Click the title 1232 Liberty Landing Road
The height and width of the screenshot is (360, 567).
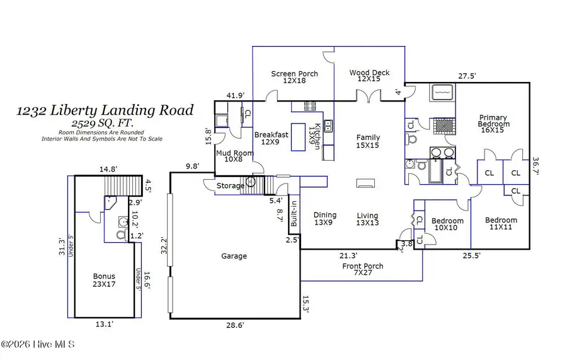[x=105, y=110]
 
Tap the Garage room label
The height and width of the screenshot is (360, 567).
[x=234, y=256]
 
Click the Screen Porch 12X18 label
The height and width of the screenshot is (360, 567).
[x=294, y=77]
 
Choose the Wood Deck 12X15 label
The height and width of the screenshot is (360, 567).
[x=369, y=76]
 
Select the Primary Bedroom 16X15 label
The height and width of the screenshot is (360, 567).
[x=493, y=121]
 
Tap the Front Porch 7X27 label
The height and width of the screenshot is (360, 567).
[x=363, y=269]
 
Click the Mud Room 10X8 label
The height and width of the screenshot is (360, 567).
[x=235, y=156]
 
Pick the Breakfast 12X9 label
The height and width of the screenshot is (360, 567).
[x=271, y=138]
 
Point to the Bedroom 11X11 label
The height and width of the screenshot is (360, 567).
[x=501, y=224]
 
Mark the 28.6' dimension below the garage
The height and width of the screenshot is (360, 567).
[x=236, y=325]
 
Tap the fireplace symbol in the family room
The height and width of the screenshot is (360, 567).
[x=365, y=183]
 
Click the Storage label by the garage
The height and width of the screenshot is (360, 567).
[x=230, y=186]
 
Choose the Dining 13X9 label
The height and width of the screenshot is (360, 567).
[x=325, y=219]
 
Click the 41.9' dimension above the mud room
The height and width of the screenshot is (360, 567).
[x=236, y=96]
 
